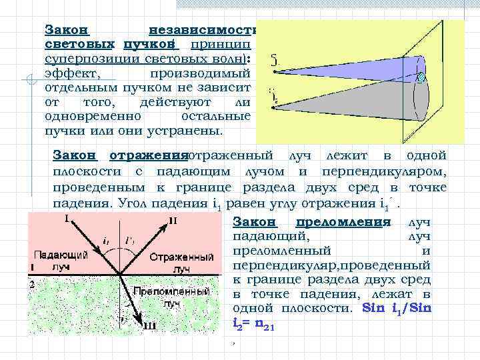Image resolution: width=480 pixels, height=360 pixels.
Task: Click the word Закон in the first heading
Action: (67, 30)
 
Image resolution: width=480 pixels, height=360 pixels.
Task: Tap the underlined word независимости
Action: (203, 30)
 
